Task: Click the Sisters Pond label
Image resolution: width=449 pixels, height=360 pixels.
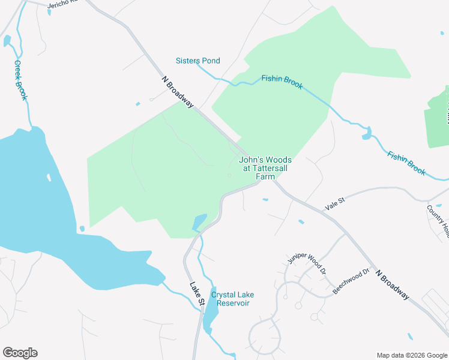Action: (197, 61)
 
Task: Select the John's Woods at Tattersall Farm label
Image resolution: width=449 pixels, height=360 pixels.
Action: (265, 168)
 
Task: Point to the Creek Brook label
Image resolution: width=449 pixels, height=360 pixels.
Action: (21, 80)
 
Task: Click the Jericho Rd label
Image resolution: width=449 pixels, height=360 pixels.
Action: (63, 4)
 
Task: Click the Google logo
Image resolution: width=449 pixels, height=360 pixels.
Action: (20, 353)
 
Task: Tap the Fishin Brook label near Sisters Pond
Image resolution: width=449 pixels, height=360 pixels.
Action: (282, 82)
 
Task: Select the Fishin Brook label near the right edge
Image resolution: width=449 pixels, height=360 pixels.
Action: (406, 163)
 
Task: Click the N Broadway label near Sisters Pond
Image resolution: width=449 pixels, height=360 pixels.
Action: (178, 92)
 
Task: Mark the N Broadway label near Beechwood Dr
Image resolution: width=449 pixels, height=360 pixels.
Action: (393, 284)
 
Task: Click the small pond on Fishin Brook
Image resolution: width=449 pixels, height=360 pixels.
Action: (366, 133)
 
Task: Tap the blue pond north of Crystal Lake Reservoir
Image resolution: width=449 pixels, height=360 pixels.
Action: (199, 222)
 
